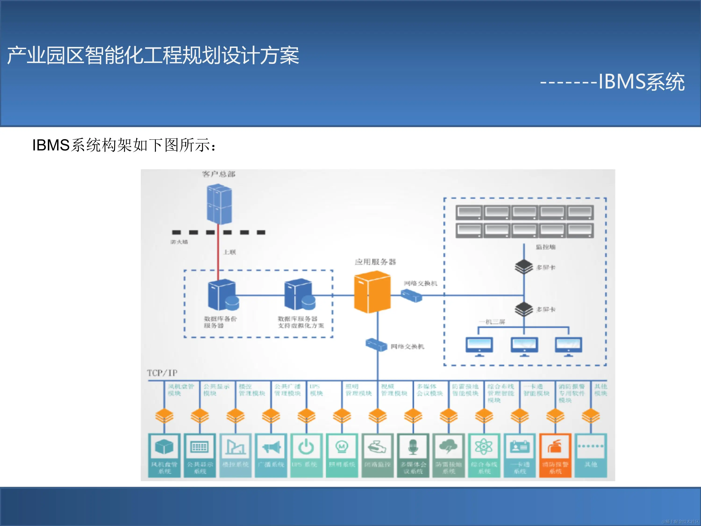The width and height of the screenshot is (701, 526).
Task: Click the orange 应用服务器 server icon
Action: tap(372, 292)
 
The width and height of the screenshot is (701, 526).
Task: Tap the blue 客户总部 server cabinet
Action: tap(219, 205)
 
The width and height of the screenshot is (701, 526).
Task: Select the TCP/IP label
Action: tap(162, 373)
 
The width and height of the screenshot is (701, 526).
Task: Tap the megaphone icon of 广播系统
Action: tap(271, 447)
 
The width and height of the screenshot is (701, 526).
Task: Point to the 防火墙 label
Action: tap(179, 242)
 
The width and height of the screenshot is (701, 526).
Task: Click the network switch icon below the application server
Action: tap(376, 344)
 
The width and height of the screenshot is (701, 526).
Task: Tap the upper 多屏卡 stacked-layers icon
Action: tap(524, 267)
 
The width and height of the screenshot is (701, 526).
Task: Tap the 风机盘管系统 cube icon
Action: tap(164, 447)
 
